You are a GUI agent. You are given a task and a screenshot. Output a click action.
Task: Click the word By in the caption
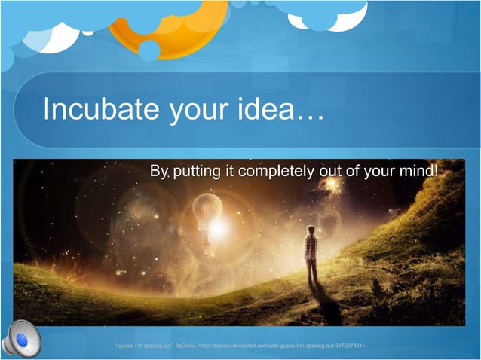pos(159,172)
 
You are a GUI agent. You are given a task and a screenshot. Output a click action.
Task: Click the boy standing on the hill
pos(310,256)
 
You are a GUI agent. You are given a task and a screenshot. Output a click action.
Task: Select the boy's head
pos(310,230)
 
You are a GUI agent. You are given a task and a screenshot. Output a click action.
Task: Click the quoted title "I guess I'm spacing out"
pos(142,345)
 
